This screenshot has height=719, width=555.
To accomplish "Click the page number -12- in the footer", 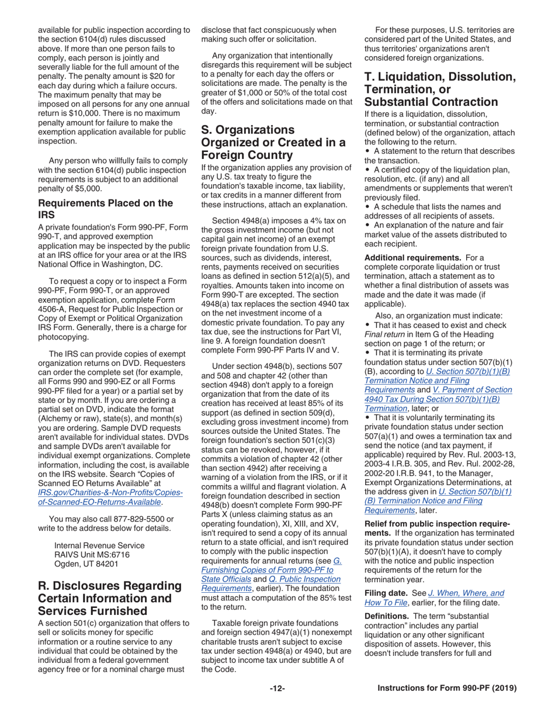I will [277, 689].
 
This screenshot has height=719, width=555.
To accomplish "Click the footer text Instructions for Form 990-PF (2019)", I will [447, 689].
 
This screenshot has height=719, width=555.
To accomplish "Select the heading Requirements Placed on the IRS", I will [105, 209].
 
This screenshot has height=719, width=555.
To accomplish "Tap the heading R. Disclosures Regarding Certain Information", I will [110, 598].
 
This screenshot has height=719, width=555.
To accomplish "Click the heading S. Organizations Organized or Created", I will [273, 142].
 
